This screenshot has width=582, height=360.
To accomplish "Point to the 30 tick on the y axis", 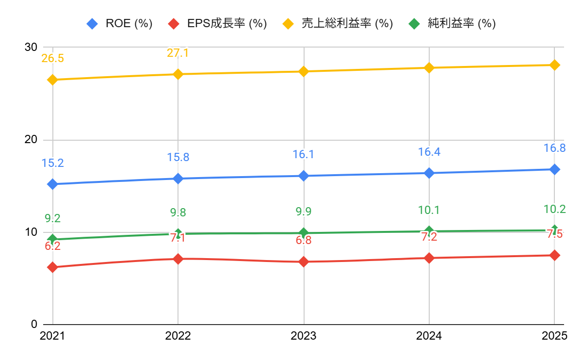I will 31,48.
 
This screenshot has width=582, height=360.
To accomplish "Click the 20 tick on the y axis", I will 31,140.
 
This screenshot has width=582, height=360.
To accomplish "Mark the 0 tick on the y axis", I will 34,324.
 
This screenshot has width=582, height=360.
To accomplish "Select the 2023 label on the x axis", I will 304,336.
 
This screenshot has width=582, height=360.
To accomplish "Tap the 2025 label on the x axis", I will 554,336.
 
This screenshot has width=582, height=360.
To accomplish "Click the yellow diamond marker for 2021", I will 52,80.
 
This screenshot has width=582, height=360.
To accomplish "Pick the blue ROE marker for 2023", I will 304,176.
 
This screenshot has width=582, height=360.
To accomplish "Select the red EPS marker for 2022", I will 178,259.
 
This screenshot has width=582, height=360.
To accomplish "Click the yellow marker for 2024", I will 429,67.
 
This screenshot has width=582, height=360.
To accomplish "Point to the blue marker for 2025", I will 555,169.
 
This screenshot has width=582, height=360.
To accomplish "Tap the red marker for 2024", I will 429,258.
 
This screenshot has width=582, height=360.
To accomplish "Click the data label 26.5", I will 52,59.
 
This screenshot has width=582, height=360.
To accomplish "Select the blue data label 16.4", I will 429,152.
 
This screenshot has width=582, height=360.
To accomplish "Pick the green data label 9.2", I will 52,219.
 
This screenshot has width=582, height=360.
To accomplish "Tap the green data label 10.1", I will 429,211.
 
